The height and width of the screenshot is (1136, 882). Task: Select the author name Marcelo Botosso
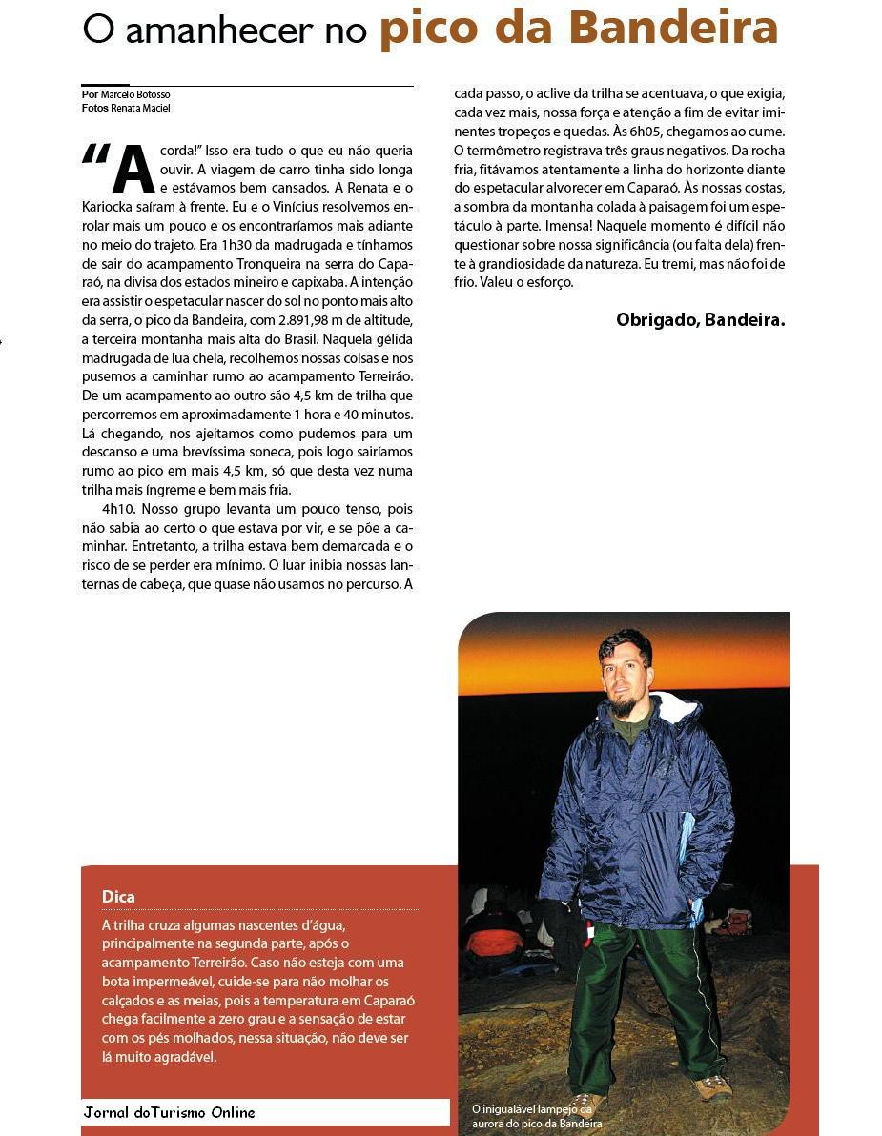click(x=135, y=95)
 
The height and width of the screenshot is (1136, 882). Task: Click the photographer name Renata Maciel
click(x=140, y=109)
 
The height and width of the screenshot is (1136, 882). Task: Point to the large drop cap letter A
click(x=133, y=170)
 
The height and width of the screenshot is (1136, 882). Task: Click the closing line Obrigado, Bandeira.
click(x=700, y=320)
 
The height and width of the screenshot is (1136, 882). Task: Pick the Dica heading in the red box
click(x=118, y=897)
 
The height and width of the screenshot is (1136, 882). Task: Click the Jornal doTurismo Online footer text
click(x=170, y=1112)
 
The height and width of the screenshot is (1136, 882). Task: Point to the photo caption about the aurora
click(x=537, y=1116)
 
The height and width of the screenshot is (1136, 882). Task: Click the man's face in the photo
click(x=626, y=673)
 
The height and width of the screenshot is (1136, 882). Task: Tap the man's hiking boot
click(x=711, y=1087)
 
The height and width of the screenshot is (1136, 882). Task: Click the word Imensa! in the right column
click(x=569, y=226)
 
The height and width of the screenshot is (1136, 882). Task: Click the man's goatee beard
click(x=625, y=705)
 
